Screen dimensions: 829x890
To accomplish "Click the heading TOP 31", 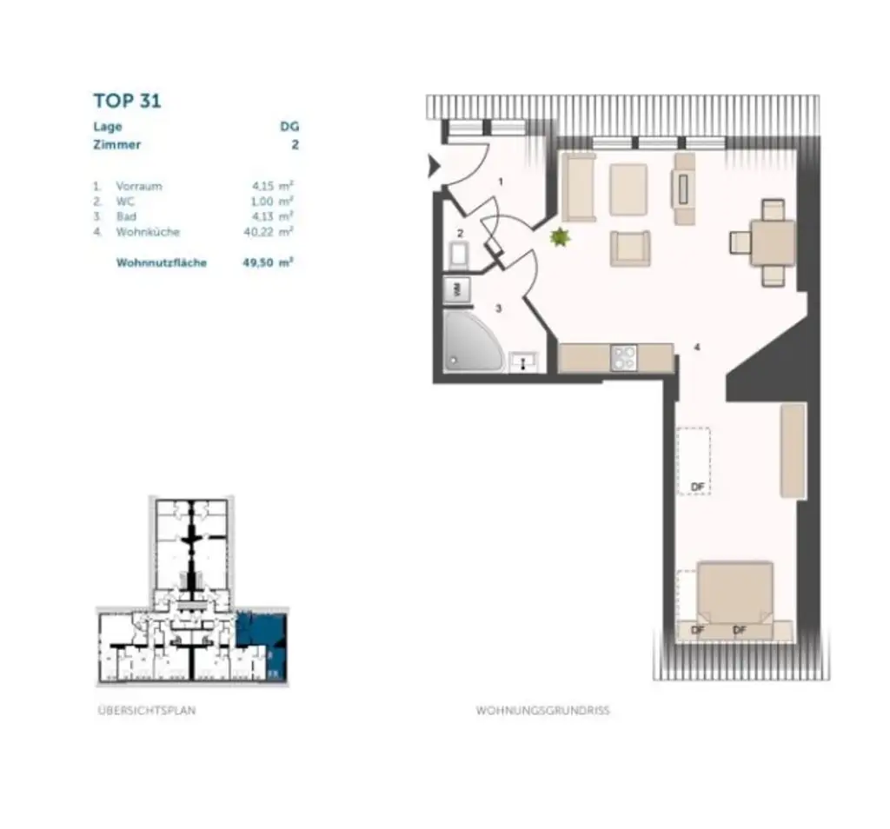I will click(x=127, y=100).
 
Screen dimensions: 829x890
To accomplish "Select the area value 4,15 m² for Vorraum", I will click(x=269, y=186).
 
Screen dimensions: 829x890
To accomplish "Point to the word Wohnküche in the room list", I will click(x=147, y=232).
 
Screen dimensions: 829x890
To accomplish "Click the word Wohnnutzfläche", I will click(x=161, y=262).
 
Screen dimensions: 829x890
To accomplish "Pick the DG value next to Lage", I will click(x=289, y=127).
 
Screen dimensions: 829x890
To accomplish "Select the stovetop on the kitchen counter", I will click(x=624, y=358).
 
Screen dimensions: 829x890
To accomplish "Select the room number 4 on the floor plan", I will click(x=697, y=347).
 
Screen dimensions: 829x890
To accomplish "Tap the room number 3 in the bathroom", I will click(x=498, y=308).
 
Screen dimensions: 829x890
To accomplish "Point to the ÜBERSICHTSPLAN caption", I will click(x=147, y=710).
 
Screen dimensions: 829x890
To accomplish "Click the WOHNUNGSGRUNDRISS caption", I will click(x=542, y=710).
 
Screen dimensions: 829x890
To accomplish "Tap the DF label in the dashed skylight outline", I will click(x=696, y=487).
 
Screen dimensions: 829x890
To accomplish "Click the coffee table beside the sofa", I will click(x=628, y=189).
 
